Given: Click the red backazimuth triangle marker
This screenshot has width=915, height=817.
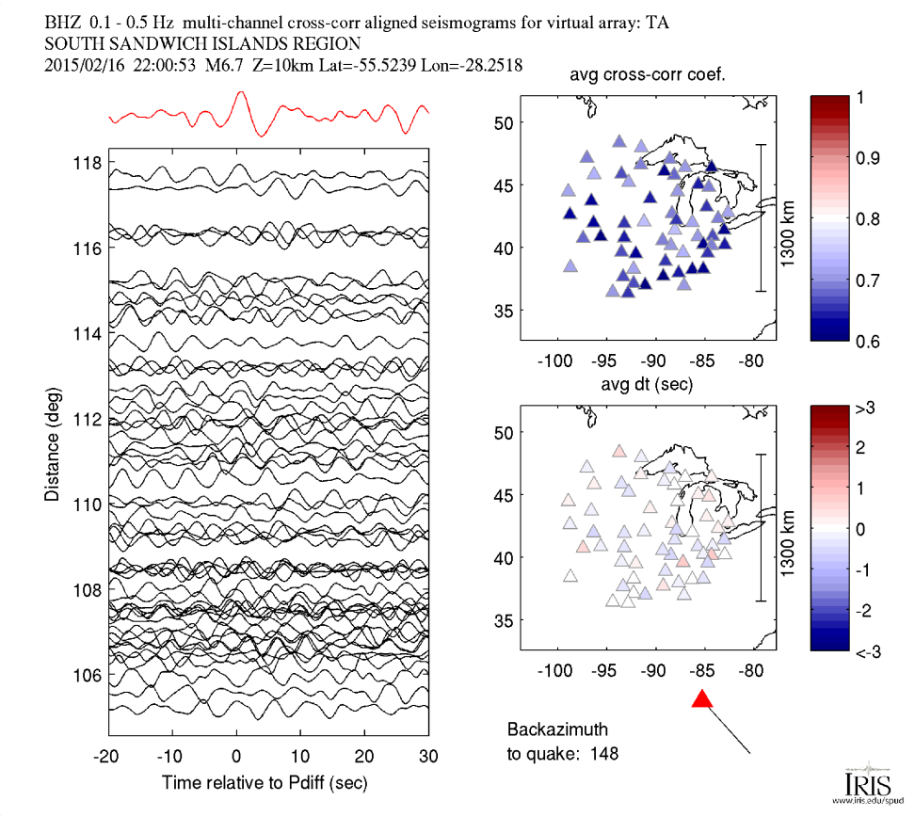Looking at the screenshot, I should click(702, 698).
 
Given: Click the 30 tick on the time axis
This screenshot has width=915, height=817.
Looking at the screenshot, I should click(428, 756).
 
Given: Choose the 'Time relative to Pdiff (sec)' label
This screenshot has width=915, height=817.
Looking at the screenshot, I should click(265, 782).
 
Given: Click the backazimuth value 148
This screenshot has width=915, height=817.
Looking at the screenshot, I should click(606, 752).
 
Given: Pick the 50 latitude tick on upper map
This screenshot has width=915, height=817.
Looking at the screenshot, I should click(504, 123).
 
